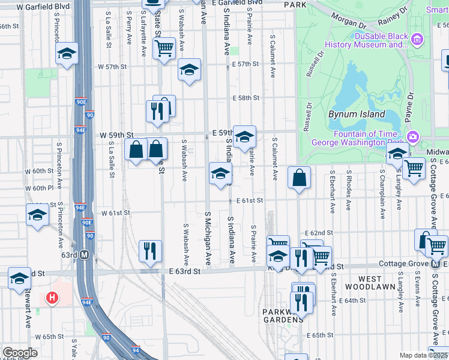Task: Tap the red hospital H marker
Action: [52, 298]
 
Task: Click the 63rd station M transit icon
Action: [85, 254]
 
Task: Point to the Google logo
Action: [20, 353]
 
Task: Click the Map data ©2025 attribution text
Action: [423, 355]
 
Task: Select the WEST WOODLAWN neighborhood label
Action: [370, 283]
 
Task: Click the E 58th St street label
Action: [246, 97]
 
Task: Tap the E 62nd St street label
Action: [318, 232]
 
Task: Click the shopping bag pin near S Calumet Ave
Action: [299, 178]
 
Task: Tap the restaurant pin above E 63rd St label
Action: [149, 251]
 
